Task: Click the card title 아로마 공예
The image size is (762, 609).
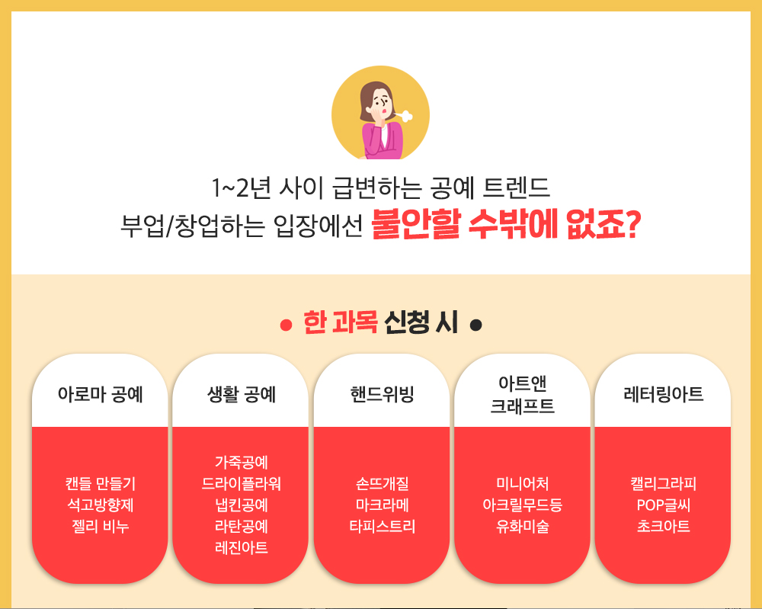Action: (100, 394)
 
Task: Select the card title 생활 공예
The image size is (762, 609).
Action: (241, 394)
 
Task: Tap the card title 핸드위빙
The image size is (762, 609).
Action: (382, 394)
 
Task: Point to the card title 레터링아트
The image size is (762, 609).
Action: (664, 394)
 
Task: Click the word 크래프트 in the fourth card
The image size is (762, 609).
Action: (523, 405)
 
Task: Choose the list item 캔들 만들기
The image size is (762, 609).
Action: (100, 483)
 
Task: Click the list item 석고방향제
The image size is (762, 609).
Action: (100, 505)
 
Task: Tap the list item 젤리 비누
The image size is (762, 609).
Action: (100, 527)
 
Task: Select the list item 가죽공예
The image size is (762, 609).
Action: (241, 462)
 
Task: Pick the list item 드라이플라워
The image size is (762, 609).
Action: (241, 483)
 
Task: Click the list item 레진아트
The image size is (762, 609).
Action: (241, 548)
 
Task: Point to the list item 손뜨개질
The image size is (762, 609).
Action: (382, 483)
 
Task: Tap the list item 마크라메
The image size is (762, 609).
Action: (382, 505)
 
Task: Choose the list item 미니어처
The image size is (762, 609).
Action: (523, 483)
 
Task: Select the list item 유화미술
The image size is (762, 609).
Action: (523, 527)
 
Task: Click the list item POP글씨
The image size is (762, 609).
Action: (664, 505)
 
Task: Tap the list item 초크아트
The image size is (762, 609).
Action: (664, 527)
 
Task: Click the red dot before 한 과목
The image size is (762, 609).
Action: (286, 325)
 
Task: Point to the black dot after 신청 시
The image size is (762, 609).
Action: (476, 325)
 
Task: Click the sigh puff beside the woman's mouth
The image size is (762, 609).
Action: (404, 116)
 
